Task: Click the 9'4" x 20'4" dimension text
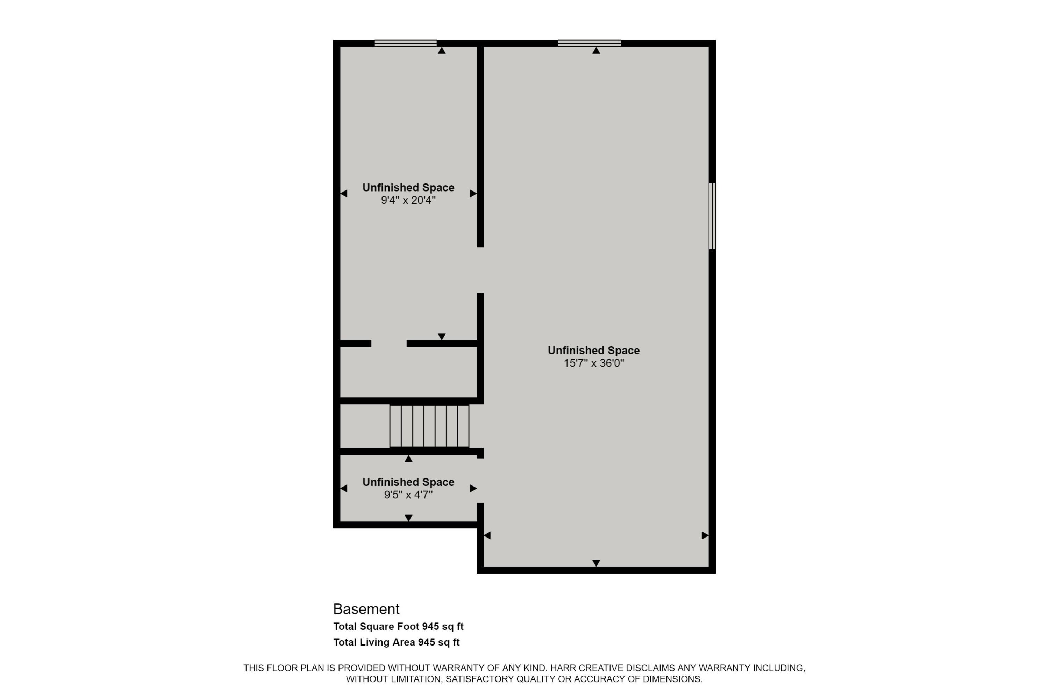click(408, 200)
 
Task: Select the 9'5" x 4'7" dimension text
click(408, 495)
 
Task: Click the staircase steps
click(429, 426)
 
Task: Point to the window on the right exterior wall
click(712, 216)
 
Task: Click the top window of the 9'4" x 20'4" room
click(405, 43)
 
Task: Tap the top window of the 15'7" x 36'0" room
click(589, 43)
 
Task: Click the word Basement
click(366, 608)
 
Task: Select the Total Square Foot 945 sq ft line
click(398, 626)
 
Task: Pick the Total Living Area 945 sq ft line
click(396, 642)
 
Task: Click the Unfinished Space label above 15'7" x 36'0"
click(594, 351)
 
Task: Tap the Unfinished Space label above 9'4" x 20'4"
click(408, 188)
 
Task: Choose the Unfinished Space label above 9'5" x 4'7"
click(408, 482)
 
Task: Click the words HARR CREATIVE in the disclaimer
click(586, 668)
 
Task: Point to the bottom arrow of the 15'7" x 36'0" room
click(596, 563)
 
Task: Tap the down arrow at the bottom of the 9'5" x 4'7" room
click(408, 518)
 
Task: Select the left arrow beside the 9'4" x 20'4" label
click(343, 194)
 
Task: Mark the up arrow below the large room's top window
click(596, 50)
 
